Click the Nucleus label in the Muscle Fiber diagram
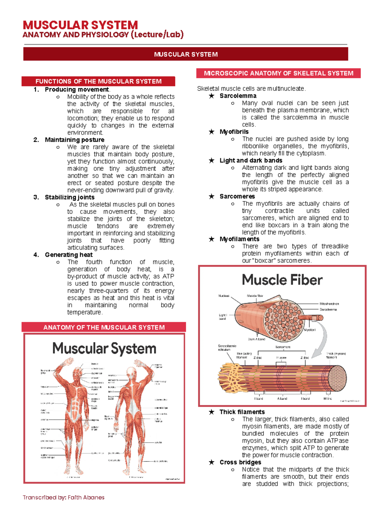tap(224, 296)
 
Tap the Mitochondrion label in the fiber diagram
tap(329, 304)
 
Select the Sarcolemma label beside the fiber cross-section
tap(328, 310)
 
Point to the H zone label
tap(281, 358)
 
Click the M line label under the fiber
tap(327, 399)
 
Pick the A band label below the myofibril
tap(282, 399)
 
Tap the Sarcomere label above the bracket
tap(283, 347)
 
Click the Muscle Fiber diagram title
tap(282, 280)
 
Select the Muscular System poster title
tap(104, 348)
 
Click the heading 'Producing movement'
tap(77, 90)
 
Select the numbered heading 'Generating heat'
tap(69, 255)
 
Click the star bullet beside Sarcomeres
tap(211, 196)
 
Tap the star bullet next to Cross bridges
tap(211, 462)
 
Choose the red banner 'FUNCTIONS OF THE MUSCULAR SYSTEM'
tap(98, 82)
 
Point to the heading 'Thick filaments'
tap(242, 412)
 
